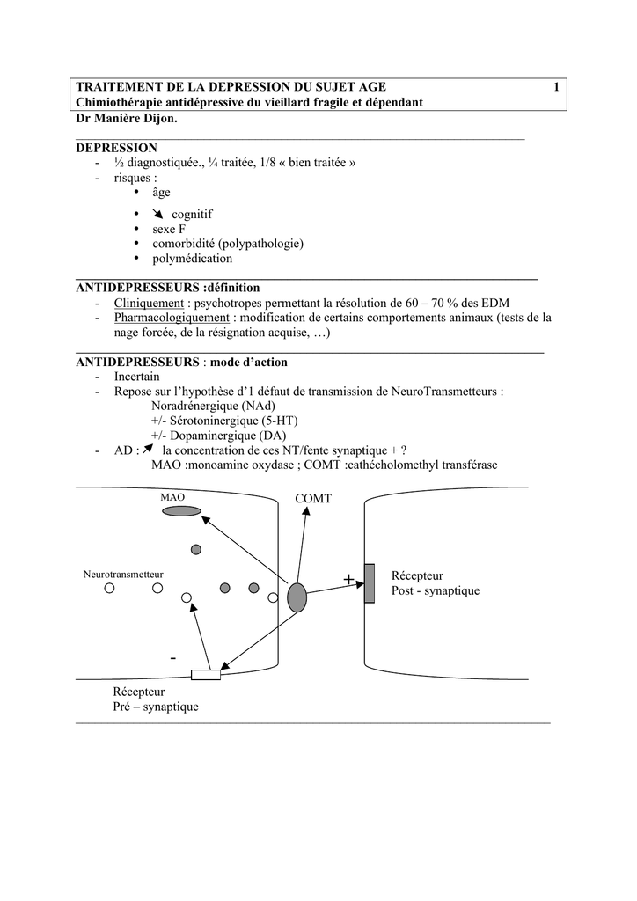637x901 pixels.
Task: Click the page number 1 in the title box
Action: click(x=556, y=86)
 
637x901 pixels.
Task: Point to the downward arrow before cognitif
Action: click(x=157, y=214)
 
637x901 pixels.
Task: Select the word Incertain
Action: click(x=136, y=376)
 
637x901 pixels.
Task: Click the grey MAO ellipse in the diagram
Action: click(x=179, y=511)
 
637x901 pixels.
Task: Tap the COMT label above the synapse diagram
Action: click(x=313, y=499)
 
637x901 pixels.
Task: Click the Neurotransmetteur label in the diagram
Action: click(x=123, y=574)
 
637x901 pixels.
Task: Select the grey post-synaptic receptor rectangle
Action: click(x=370, y=583)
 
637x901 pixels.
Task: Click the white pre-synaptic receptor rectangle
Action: click(x=206, y=675)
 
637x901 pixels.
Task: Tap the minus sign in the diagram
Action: click(x=173, y=657)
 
